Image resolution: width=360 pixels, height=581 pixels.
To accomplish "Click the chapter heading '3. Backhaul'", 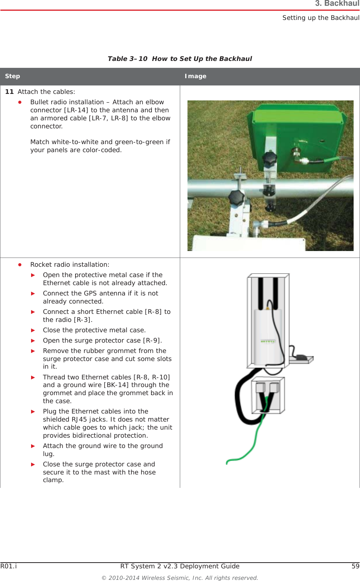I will [337, 4].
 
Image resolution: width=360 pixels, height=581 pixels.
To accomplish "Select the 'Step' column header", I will [12, 76].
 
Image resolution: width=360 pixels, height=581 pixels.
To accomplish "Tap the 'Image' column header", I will [196, 76].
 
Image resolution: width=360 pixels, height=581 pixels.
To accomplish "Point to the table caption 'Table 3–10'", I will [127, 59].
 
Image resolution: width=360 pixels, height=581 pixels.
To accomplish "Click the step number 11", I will [9, 92].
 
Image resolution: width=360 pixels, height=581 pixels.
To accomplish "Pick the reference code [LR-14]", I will [76, 110].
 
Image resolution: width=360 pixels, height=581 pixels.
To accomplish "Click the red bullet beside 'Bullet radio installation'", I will [20, 102].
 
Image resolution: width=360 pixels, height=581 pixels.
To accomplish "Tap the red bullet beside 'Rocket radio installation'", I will [20, 265].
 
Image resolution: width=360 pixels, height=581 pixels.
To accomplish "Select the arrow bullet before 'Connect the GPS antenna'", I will [33, 294].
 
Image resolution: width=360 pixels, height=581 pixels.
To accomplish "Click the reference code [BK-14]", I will [117, 385].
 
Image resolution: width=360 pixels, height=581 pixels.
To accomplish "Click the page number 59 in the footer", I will [355, 566].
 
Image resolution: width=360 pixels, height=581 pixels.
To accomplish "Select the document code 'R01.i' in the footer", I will [8, 566].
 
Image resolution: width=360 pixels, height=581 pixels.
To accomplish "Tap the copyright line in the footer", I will [179, 578].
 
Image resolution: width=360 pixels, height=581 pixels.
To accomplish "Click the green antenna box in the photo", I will [303, 130].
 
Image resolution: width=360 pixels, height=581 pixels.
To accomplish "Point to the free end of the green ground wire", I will [227, 463].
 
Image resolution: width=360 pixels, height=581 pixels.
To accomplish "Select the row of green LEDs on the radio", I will [268, 341].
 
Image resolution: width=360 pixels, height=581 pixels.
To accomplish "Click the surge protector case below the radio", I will [268, 396].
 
